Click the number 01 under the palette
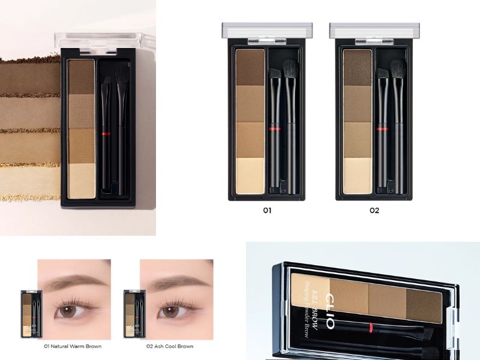267,211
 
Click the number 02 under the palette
374,211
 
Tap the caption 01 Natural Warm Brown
73,346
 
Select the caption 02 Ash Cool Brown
170,346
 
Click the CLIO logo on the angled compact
330,311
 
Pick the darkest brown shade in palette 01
250,68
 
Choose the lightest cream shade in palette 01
250,176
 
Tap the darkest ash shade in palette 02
357,68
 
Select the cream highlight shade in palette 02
357,176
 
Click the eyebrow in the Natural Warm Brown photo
74,281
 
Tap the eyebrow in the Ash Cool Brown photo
178,282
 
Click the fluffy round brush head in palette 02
398,68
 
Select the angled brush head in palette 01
275,73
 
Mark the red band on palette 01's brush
275,129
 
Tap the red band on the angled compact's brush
371,328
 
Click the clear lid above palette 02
374,31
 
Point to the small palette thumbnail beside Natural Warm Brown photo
31,314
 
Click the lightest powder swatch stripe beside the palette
30,183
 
